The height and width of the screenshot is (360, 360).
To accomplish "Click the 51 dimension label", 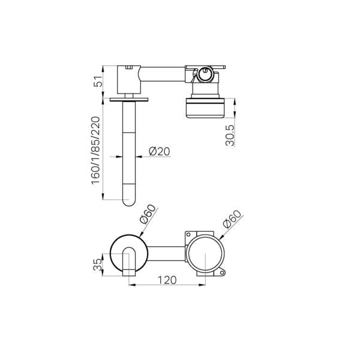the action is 98,81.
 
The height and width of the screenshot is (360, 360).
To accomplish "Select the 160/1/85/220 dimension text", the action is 96,151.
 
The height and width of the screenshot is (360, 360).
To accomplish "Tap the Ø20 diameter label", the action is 160,151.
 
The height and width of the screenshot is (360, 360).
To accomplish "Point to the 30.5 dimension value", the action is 230,136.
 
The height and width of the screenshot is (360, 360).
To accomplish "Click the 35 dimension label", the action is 98,265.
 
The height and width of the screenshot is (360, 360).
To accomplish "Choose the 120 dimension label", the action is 167,280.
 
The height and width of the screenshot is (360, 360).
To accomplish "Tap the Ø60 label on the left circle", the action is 148,214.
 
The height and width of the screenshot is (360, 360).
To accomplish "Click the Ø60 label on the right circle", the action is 232,219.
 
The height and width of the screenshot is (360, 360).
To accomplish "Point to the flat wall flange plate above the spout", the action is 129,100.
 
